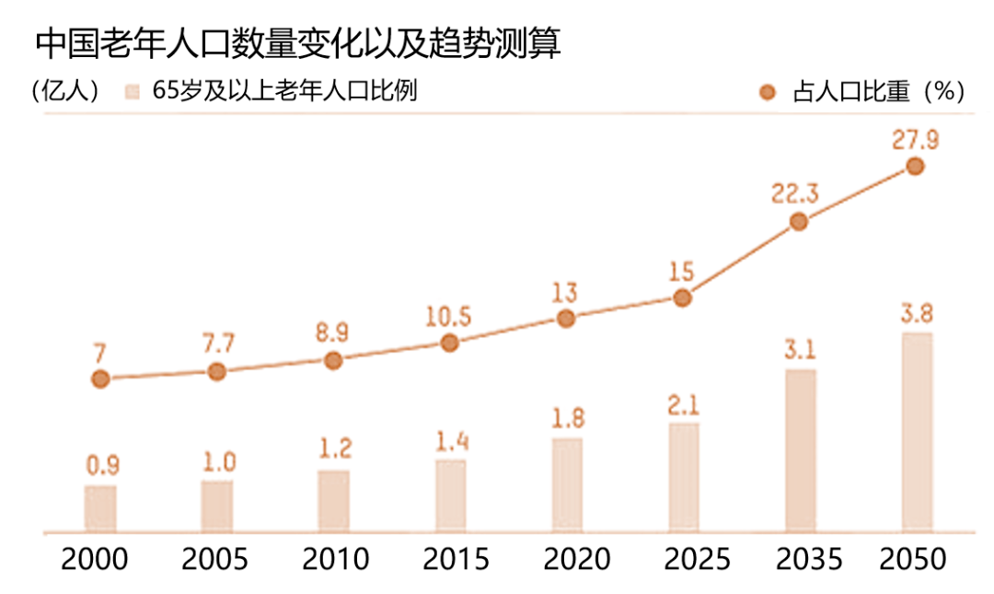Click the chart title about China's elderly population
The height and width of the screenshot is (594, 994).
(297, 43)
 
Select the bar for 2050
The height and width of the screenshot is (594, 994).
(916, 433)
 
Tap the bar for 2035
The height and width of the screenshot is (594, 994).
(800, 451)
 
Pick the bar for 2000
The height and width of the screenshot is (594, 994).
(100, 509)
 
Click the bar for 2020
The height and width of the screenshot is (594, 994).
(566, 485)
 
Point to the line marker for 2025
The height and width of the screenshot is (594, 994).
(682, 297)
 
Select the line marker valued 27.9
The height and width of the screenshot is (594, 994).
(915, 166)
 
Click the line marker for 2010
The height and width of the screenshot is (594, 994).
(333, 361)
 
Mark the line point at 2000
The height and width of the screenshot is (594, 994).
(100, 379)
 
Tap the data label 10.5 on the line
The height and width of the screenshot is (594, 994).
(449, 317)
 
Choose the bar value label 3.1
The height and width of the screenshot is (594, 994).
(800, 350)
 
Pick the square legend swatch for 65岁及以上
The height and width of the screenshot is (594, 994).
(133, 92)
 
